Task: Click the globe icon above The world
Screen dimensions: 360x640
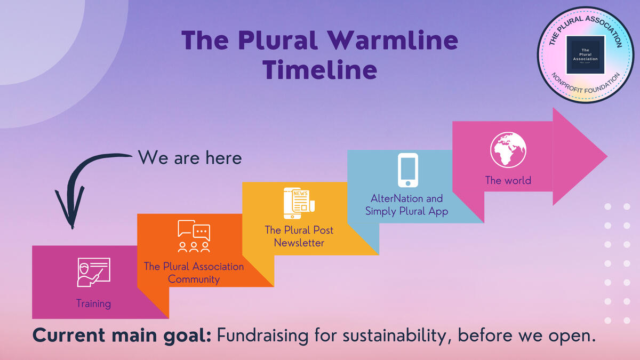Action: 508,150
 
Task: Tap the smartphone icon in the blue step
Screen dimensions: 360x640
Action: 408,170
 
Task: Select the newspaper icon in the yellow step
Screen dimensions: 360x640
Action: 299,203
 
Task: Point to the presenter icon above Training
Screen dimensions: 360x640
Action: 93,273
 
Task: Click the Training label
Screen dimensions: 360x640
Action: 93,303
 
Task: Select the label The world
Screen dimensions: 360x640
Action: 508,180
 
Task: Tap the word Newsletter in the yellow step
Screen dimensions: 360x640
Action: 299,243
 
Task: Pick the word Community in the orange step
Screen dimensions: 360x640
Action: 194,279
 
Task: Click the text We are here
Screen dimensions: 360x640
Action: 190,158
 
